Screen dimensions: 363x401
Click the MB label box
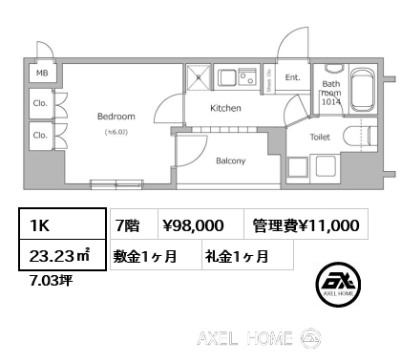click(42, 73)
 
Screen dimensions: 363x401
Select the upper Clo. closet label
click(40, 103)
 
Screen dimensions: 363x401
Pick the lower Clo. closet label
click(40, 136)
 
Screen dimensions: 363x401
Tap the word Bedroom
click(116, 117)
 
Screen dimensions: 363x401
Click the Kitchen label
click(225, 108)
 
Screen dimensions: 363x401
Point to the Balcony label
click(230, 160)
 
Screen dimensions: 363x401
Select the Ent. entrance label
click(293, 77)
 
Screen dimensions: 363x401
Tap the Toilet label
click(322, 137)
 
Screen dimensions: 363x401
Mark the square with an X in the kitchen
click(197, 78)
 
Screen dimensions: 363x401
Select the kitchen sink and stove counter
click(238, 77)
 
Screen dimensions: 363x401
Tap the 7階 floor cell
click(127, 225)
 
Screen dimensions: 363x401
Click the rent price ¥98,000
click(194, 225)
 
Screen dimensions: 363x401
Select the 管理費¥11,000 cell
click(306, 225)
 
